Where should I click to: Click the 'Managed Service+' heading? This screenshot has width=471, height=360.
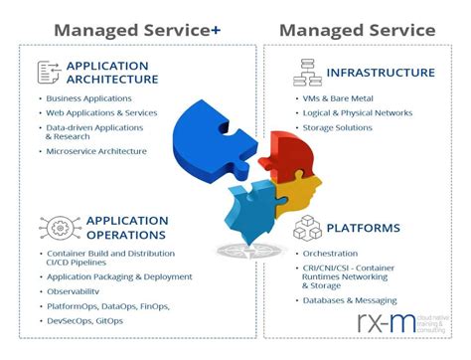(x=137, y=29)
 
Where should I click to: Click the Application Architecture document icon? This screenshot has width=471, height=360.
(x=49, y=72)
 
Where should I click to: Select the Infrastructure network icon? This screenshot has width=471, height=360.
(x=306, y=72)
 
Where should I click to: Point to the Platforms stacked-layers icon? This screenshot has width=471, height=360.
(x=306, y=231)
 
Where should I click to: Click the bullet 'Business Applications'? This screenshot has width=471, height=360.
(x=88, y=98)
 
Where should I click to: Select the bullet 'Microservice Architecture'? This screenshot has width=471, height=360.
(x=96, y=151)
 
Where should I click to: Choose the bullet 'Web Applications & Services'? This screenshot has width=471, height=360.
(x=102, y=112)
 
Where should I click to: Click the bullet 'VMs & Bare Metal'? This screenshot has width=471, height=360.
(x=338, y=98)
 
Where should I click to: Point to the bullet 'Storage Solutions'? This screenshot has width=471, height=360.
(x=339, y=126)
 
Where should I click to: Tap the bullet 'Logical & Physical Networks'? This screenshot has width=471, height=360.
(x=358, y=112)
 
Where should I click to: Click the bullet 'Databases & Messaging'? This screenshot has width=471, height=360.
(x=350, y=300)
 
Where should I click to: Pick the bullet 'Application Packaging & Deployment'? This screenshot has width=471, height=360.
(x=119, y=277)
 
